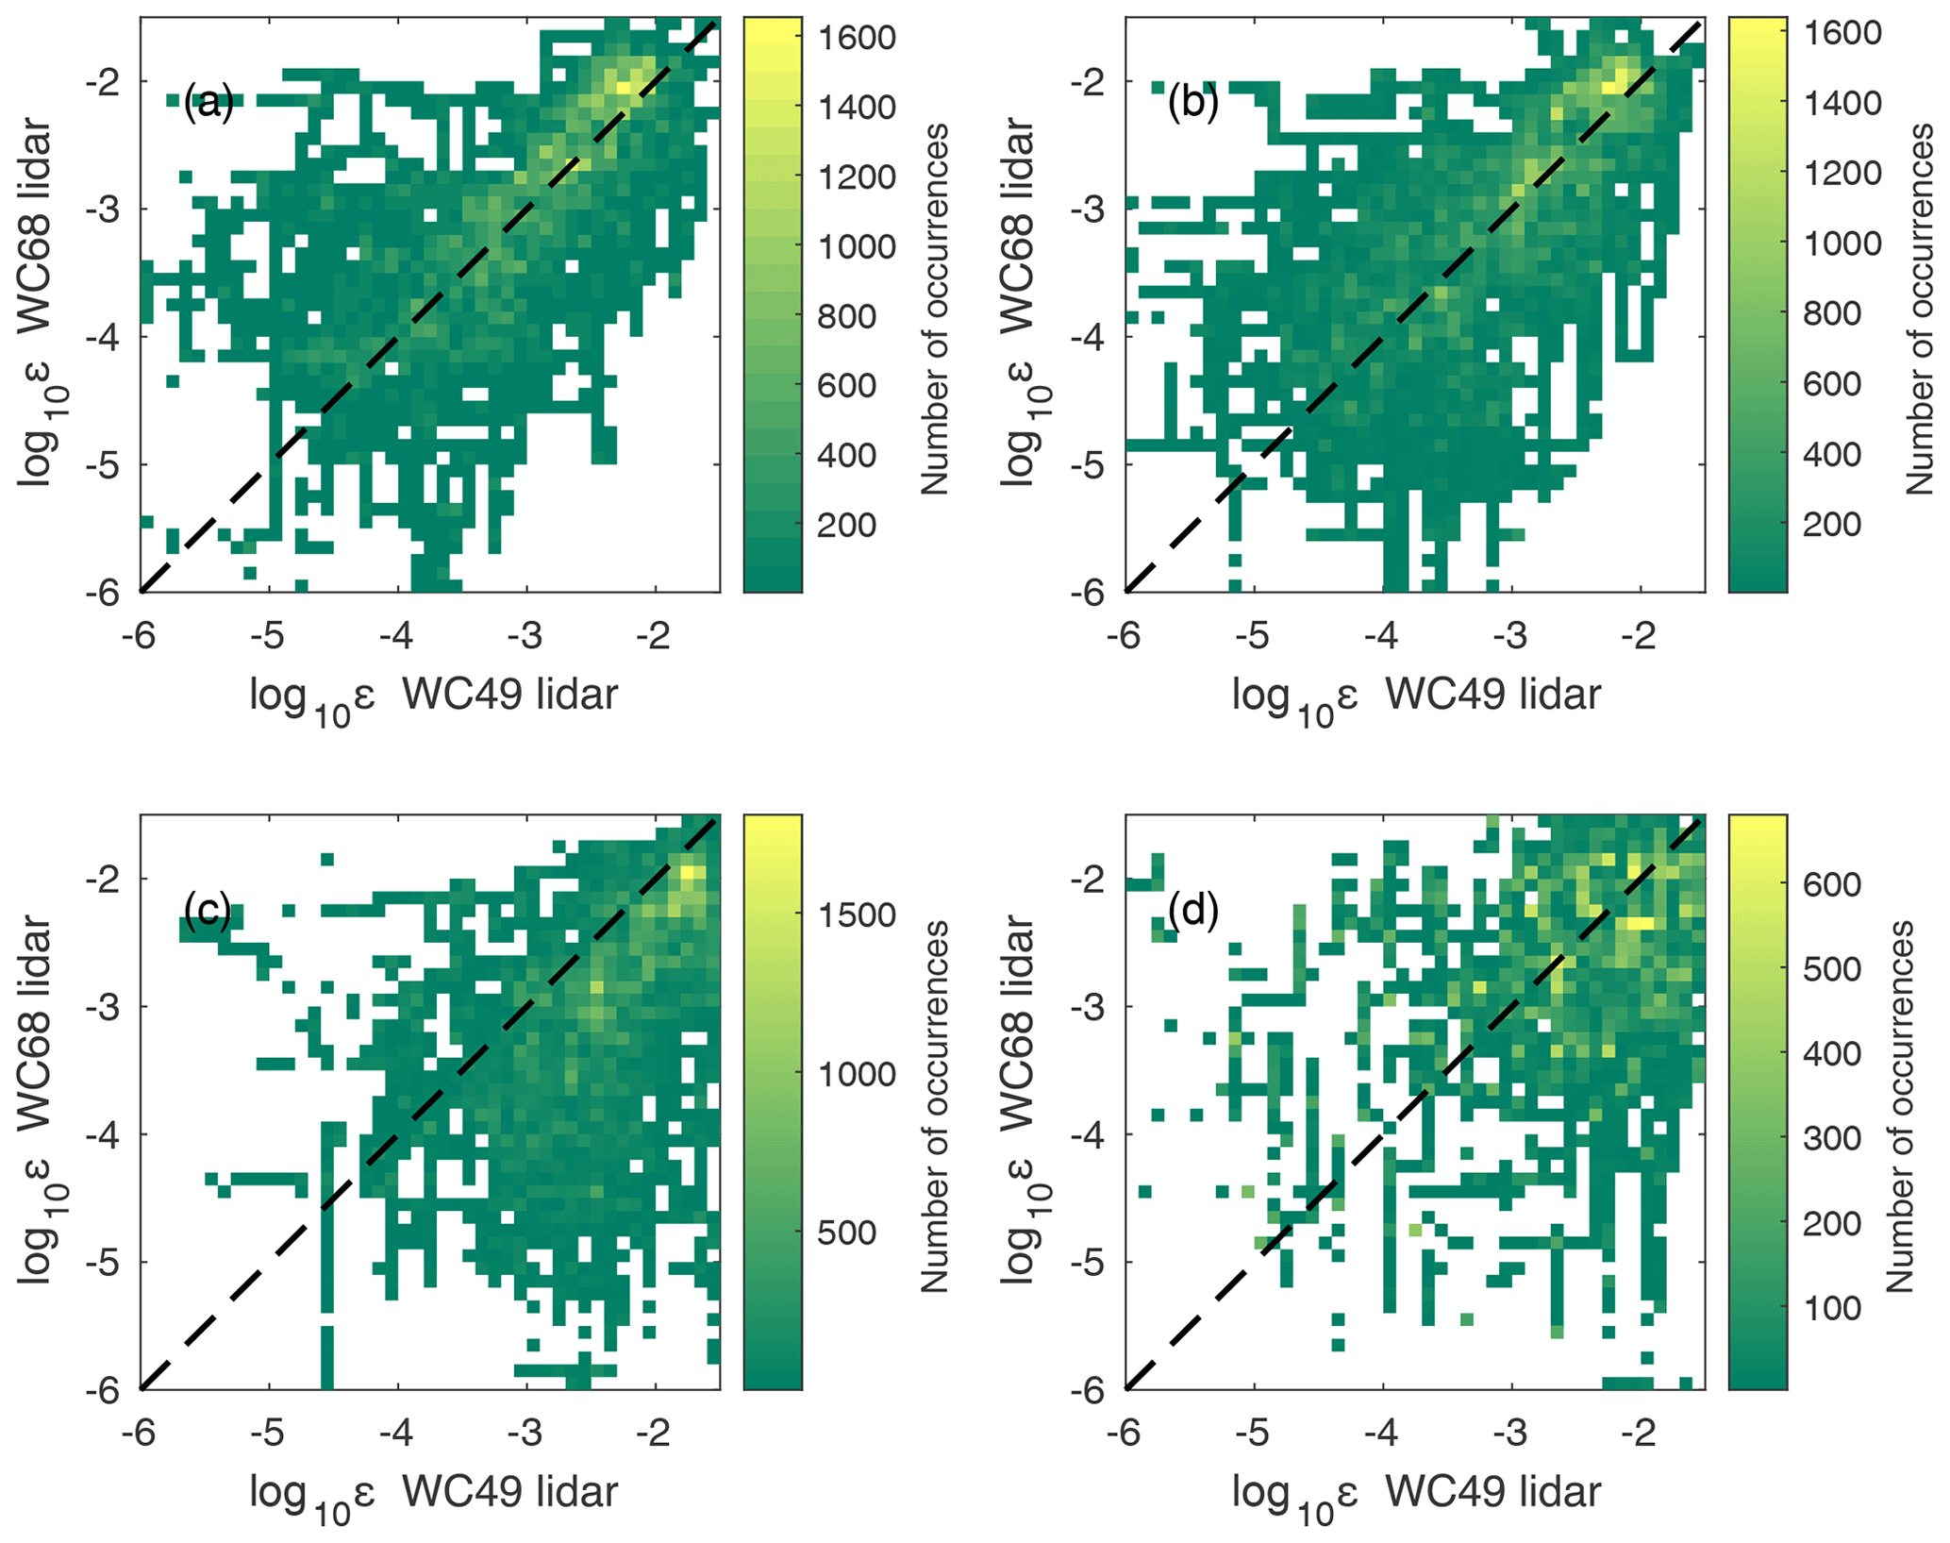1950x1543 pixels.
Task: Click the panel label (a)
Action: (208, 103)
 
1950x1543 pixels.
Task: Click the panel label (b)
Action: (1192, 103)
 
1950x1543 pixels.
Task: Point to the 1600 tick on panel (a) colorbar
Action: (856, 38)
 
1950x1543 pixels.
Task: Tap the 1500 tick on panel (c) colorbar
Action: (856, 914)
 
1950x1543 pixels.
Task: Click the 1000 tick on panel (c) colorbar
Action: (856, 1074)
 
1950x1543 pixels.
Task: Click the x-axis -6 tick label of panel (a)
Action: (139, 636)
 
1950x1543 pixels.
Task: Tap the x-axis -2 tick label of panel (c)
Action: (653, 1434)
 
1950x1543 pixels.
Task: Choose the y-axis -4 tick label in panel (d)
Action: (1089, 1134)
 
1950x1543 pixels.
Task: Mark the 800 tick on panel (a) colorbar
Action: (846, 316)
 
